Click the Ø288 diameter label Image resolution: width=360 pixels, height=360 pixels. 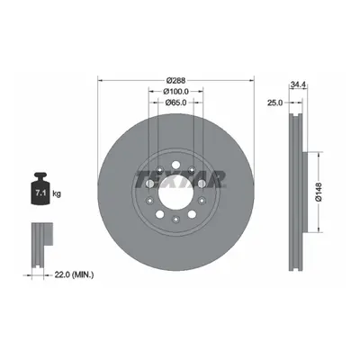point(176,80)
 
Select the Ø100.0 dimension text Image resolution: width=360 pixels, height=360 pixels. point(175,91)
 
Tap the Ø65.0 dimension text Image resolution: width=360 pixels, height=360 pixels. point(176,103)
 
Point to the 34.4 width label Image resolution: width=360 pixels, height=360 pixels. point(298,85)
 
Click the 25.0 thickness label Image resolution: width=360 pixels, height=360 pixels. point(275,103)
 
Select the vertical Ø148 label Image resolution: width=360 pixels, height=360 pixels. point(319,192)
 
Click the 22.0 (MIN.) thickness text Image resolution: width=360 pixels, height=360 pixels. point(74,274)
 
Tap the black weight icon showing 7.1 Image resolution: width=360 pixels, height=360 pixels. point(40,189)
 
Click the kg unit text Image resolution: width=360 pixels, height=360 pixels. point(57,193)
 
